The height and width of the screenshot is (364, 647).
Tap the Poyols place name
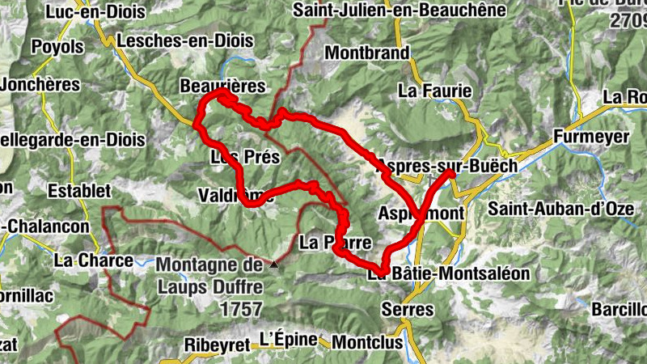tap(57, 48)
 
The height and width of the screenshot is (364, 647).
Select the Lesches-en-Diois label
tap(185, 40)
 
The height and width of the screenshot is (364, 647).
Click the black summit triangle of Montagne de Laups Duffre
tap(275, 264)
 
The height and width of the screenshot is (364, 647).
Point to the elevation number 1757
tap(240, 309)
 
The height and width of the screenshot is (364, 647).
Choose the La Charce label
tap(93, 260)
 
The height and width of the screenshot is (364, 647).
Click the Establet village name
tap(78, 192)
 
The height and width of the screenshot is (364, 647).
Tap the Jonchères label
tap(40, 84)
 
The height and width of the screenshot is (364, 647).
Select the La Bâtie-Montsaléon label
tap(448, 274)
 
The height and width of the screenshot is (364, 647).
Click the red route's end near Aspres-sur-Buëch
tap(449, 172)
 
